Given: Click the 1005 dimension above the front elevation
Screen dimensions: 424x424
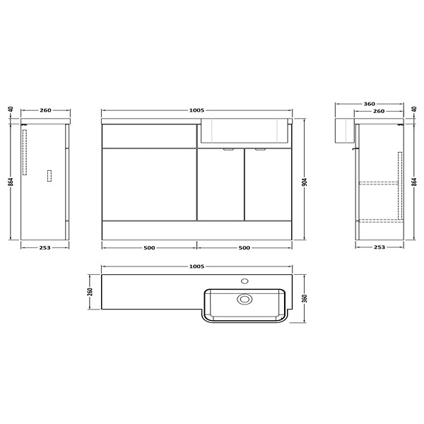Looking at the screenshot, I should (x=197, y=110).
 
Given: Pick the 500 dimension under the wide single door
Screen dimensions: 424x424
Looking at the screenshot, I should (x=149, y=248).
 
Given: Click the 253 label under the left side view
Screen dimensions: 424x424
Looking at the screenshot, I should (x=45, y=248).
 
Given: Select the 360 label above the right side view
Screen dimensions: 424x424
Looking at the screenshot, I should (x=369, y=103).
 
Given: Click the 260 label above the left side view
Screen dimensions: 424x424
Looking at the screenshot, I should (x=45, y=110).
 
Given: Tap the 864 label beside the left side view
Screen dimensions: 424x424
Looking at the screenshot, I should (x=12, y=182).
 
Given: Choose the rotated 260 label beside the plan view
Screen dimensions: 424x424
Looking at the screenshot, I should (x=91, y=292).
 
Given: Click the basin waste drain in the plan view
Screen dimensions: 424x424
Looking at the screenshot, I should (x=245, y=300).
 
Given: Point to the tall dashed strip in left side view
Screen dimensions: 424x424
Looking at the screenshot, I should (x=26, y=151).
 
